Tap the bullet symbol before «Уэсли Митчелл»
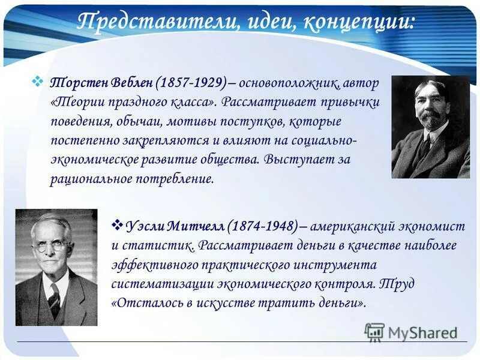[118, 225]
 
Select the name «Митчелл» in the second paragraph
[199, 226]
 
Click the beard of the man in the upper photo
[430, 121]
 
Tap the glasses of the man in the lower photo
[52, 246]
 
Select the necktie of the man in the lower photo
[54, 299]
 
